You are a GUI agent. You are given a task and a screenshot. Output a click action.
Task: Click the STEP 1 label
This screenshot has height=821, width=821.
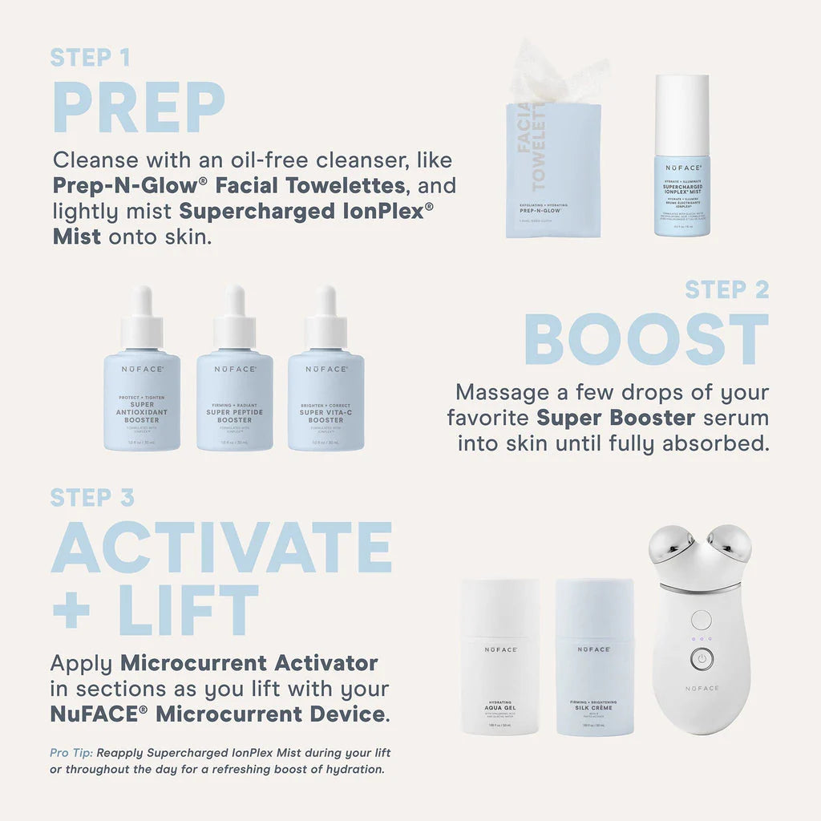(90, 57)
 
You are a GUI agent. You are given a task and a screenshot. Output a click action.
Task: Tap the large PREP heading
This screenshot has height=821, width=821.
(139, 107)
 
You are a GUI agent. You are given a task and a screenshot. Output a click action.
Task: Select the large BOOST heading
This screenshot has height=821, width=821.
(646, 340)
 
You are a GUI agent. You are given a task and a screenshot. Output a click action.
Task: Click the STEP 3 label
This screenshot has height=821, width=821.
(92, 498)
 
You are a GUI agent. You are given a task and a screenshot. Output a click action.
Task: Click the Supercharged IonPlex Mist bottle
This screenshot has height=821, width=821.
(681, 160)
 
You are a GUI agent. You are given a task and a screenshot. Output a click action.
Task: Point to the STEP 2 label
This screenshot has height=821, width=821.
(726, 289)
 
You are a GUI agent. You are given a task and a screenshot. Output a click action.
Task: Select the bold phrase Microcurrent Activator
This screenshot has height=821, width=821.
(249, 663)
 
